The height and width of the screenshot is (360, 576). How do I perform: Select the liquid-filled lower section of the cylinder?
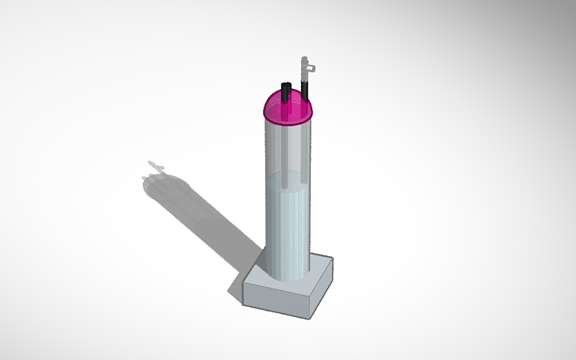[286, 230]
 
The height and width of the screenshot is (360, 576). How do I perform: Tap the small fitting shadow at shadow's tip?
[155, 167]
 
